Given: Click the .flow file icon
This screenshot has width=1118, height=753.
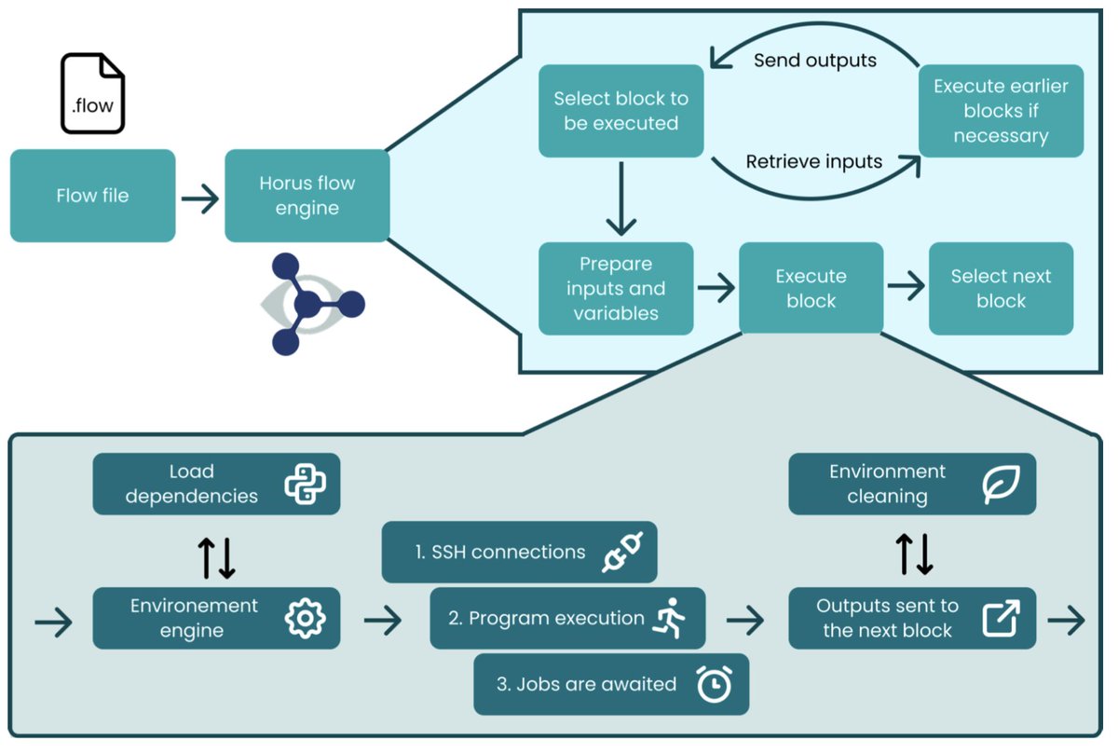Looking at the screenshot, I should pos(92,93).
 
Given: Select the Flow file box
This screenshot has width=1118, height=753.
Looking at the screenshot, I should pos(92,196).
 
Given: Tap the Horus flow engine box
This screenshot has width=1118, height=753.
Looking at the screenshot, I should pos(307,196).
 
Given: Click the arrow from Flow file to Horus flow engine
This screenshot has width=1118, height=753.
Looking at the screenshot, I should pos(199,198).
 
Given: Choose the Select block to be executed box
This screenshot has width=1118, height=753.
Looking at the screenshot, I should pos(620,110).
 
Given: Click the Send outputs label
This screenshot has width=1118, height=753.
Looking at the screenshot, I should pos(814,61).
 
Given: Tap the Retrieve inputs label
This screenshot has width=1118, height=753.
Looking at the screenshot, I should pos(813,161).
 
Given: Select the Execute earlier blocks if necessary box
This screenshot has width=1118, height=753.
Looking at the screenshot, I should pos(1001,110).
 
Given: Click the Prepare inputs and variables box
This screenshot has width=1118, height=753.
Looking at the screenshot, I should pos(616,288).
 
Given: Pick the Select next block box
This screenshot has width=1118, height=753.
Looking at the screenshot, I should pos(1001,288).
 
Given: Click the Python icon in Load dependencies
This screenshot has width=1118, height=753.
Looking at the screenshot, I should pos(305,484).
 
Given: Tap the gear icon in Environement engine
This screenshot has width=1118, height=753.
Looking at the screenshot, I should pos(305,618).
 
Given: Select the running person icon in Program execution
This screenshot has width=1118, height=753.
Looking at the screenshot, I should pos(669,619).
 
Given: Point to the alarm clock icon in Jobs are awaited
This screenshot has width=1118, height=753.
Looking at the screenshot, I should pos(714,685).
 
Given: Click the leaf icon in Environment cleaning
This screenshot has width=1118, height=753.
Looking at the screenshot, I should pos(1002,484).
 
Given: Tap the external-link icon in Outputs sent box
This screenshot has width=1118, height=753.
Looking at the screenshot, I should pos(1002,618).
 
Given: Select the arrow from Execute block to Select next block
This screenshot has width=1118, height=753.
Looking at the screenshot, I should pos(905,287).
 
